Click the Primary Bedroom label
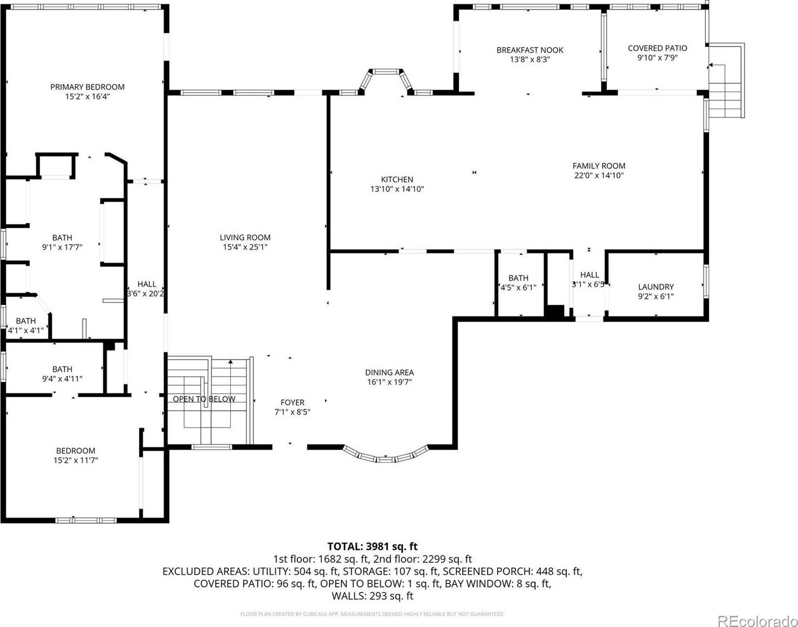(87, 87)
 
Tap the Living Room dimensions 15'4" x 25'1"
(245, 247)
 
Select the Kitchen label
(397, 180)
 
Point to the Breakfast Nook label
(529, 50)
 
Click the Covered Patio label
(657, 48)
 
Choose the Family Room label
(599, 166)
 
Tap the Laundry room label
(656, 287)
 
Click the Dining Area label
(389, 372)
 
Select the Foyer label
(292, 402)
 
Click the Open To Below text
(204, 399)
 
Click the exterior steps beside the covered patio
(726, 81)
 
